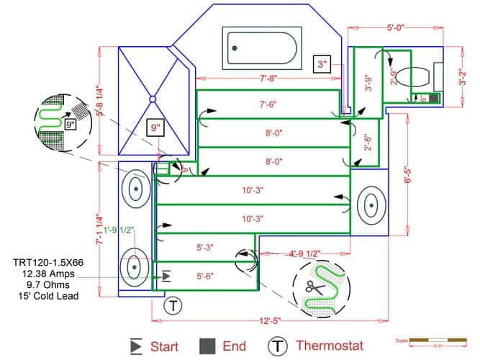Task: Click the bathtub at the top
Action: tap(259, 48)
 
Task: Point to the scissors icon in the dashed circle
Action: tap(314, 287)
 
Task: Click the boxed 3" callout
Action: tap(322, 65)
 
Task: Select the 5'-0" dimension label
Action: tap(395, 28)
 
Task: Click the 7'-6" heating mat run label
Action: tap(268, 104)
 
